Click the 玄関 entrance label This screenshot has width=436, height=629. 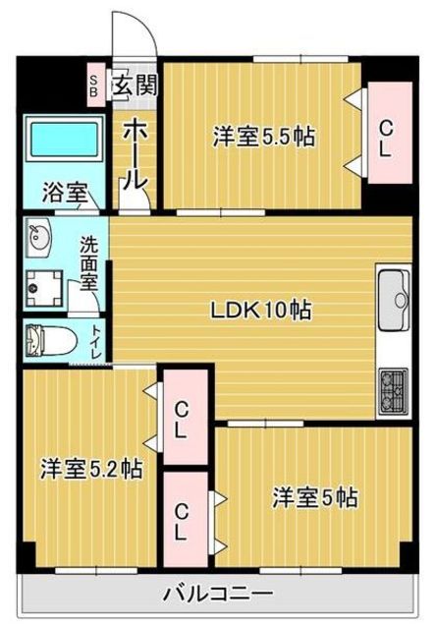pyautogui.click(x=135, y=86)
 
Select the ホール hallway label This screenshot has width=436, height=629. pyautogui.click(x=136, y=153)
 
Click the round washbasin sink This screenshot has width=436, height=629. pyautogui.click(x=41, y=238)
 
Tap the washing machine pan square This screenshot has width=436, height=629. pyautogui.click(x=45, y=288)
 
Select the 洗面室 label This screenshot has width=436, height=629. pyautogui.click(x=89, y=260)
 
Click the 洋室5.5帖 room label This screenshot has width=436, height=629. pyautogui.click(x=263, y=138)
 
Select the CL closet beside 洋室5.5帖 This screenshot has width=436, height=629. pyautogui.click(x=385, y=138)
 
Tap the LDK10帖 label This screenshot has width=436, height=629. pyautogui.click(x=261, y=311)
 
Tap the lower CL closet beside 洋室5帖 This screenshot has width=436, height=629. pyautogui.click(x=183, y=520)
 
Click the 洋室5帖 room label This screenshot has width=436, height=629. pyautogui.click(x=314, y=498)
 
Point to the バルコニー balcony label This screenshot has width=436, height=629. pyautogui.click(x=218, y=594)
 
